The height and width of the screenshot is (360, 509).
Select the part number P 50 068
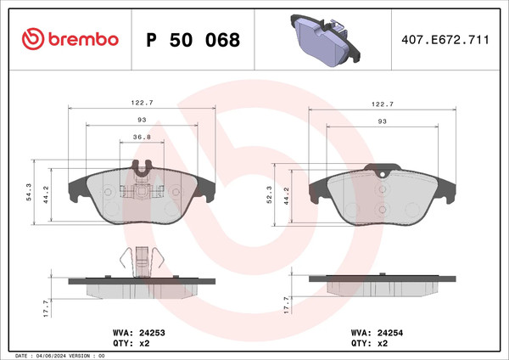pos(193,40)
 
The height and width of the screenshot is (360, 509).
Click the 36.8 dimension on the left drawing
pos(142,137)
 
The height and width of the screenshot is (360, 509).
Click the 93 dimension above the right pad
pos(382,122)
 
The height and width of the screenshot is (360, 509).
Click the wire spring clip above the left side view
pos(141,258)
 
